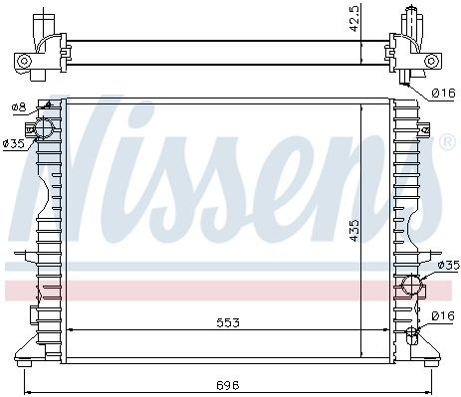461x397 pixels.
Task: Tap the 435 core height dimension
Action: point(354,230)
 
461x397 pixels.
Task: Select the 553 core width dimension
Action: point(228,322)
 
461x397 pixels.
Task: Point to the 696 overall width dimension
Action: point(228,385)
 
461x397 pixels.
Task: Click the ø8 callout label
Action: point(19,107)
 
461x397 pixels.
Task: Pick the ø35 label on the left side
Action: point(14,143)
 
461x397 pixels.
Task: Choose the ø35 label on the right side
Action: point(448,265)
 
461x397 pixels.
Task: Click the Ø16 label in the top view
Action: point(443,94)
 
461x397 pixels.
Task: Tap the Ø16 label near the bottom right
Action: point(443,316)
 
